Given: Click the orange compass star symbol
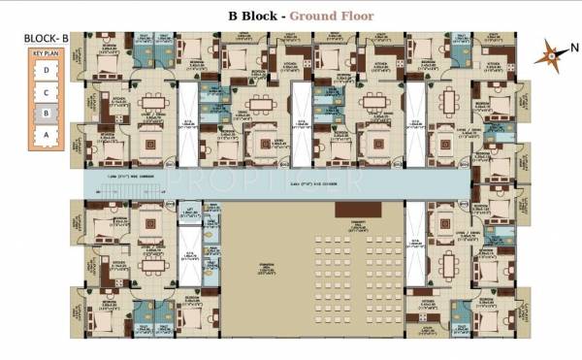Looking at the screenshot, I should coord(550,55).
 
